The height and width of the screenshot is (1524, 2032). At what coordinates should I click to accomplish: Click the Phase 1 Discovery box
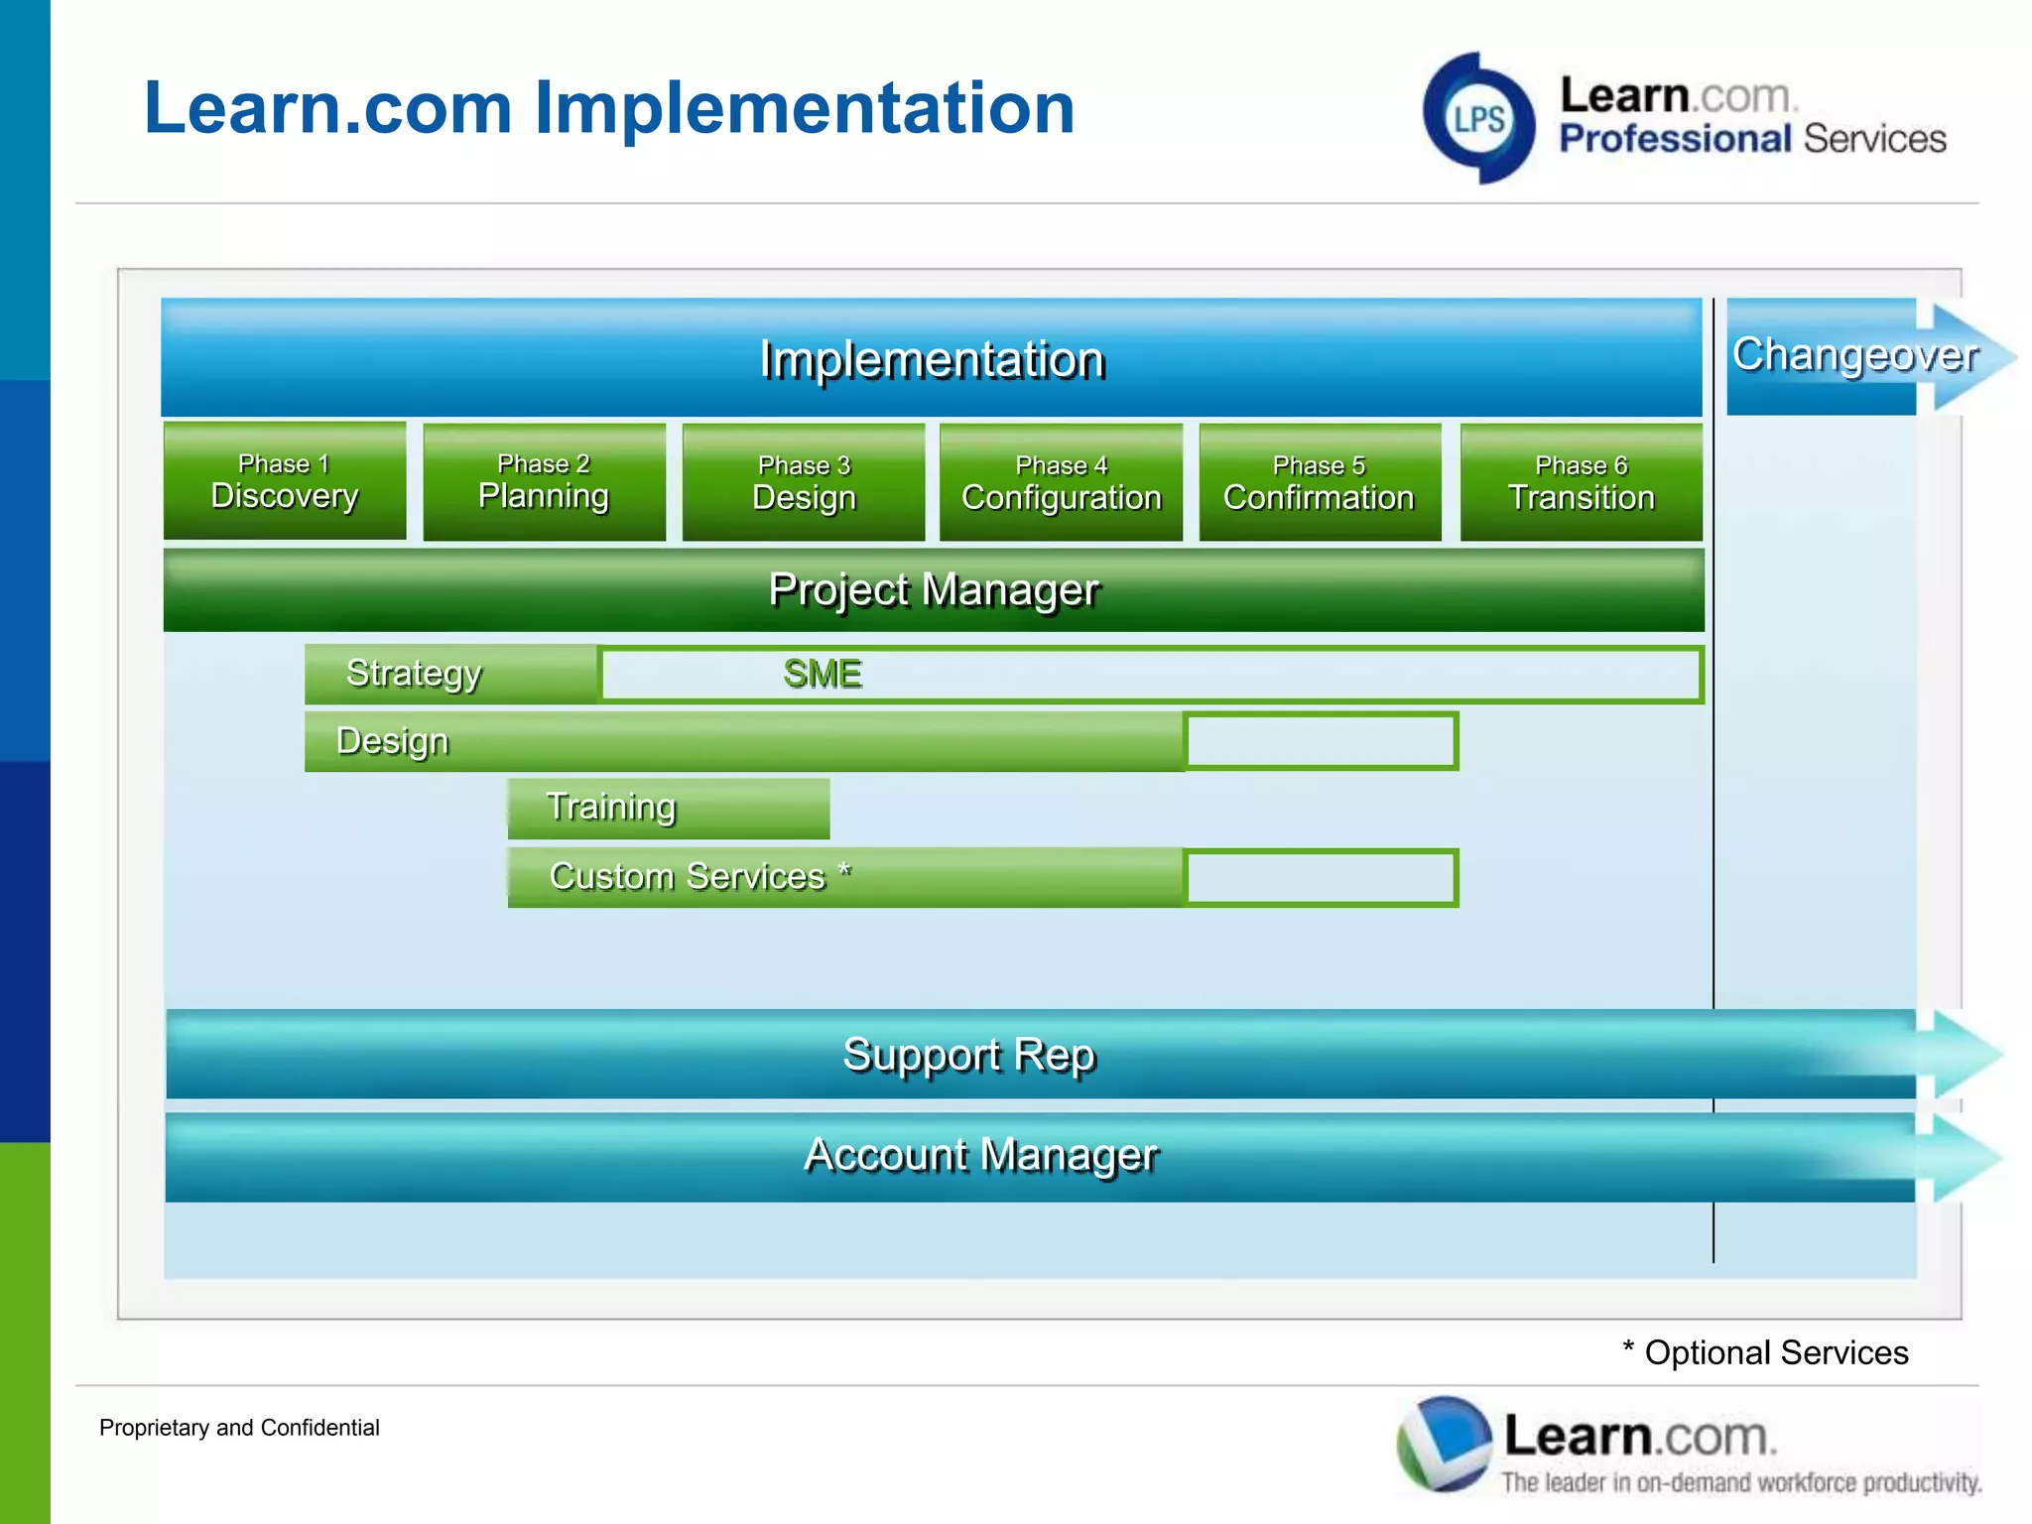[285, 482]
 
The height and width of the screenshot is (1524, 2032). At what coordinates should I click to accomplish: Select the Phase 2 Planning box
[544, 482]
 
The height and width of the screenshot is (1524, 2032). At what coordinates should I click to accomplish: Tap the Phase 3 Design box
[804, 483]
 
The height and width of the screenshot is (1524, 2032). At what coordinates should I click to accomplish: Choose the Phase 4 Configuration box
[1061, 483]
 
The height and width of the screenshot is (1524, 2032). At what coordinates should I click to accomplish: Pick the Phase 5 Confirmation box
[1319, 483]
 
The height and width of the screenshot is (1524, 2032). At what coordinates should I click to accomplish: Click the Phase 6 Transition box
[1581, 483]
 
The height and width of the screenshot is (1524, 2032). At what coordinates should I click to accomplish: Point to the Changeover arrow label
[1853, 355]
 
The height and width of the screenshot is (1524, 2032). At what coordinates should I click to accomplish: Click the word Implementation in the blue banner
[932, 359]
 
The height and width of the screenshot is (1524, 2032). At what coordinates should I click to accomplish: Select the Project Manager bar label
[934, 590]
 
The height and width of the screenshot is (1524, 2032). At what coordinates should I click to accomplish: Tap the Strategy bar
[450, 674]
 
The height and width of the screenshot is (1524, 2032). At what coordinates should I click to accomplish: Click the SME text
[822, 675]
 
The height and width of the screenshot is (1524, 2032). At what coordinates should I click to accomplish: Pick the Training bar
[668, 808]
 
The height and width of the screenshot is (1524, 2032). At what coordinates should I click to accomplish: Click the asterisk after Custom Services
[844, 872]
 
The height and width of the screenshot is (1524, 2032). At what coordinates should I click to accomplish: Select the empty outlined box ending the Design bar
[1321, 741]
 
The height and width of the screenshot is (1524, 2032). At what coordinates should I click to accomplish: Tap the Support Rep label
[968, 1055]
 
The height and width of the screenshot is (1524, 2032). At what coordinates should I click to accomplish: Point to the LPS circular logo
[1478, 119]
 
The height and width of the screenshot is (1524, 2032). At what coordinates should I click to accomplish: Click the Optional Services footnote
[1765, 1353]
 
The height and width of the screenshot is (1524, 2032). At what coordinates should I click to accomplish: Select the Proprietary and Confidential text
[239, 1428]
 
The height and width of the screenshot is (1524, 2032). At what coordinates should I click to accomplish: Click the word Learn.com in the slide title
[327, 108]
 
